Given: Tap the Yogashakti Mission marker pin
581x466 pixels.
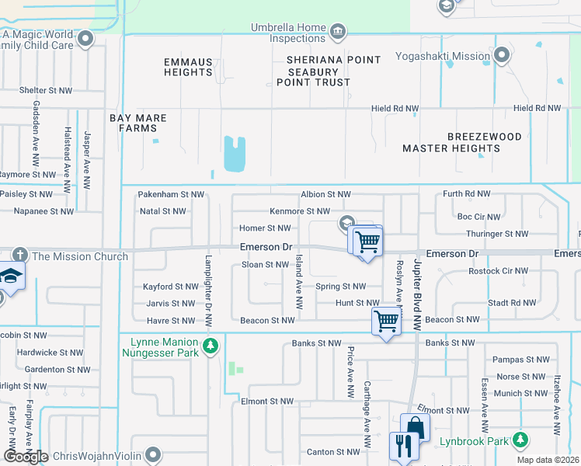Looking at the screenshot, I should click(503, 55).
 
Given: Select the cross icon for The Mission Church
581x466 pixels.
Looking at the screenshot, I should click(20, 256).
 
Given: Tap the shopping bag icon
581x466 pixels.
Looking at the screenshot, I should click(415, 428).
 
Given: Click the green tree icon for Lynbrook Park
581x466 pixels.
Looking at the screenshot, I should click(520, 440).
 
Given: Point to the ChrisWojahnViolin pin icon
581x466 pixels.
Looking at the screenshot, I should click(153, 454).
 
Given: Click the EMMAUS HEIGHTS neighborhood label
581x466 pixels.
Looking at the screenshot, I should click(188, 67).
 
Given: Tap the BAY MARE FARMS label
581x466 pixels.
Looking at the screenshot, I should click(137, 123).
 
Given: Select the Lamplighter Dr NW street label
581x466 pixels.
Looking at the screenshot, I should click(208, 291).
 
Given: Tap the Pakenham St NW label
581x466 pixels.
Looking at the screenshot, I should click(171, 194).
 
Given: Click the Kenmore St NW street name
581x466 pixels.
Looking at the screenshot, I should click(300, 211).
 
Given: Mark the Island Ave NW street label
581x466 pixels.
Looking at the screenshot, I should click(298, 287).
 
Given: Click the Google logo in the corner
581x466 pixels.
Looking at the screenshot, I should click(26, 456).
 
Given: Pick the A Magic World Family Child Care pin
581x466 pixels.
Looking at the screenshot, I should click(85, 38).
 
